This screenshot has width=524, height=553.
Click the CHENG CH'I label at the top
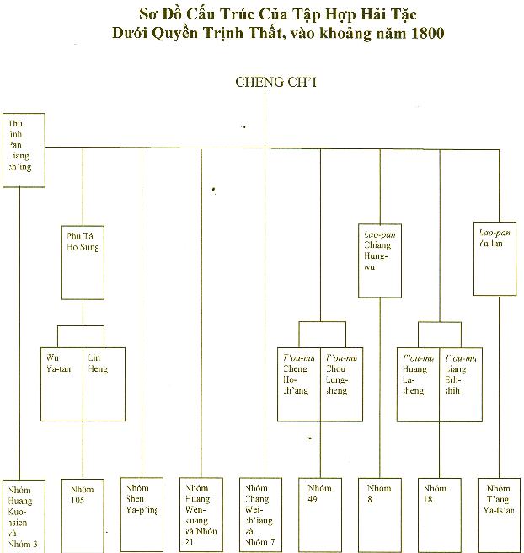pyautogui.click(x=265, y=82)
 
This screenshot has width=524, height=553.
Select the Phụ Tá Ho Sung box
pyautogui.click(x=83, y=263)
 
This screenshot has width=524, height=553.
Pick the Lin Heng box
pyautogui.click(x=104, y=384)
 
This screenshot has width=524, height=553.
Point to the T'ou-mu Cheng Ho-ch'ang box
pyautogui.click(x=299, y=384)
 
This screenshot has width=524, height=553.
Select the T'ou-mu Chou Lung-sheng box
pyautogui.click(x=341, y=384)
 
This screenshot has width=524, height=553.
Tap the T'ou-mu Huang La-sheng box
pyautogui.click(x=419, y=384)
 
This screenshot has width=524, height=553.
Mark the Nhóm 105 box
pyautogui.click(x=83, y=514)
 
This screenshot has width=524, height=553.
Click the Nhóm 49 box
pyautogui.click(x=320, y=514)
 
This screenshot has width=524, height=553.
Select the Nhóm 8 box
pyautogui.click(x=380, y=514)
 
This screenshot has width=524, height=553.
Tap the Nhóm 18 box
pyautogui.click(x=440, y=514)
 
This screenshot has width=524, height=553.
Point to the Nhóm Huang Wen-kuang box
pyautogui.click(x=202, y=514)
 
